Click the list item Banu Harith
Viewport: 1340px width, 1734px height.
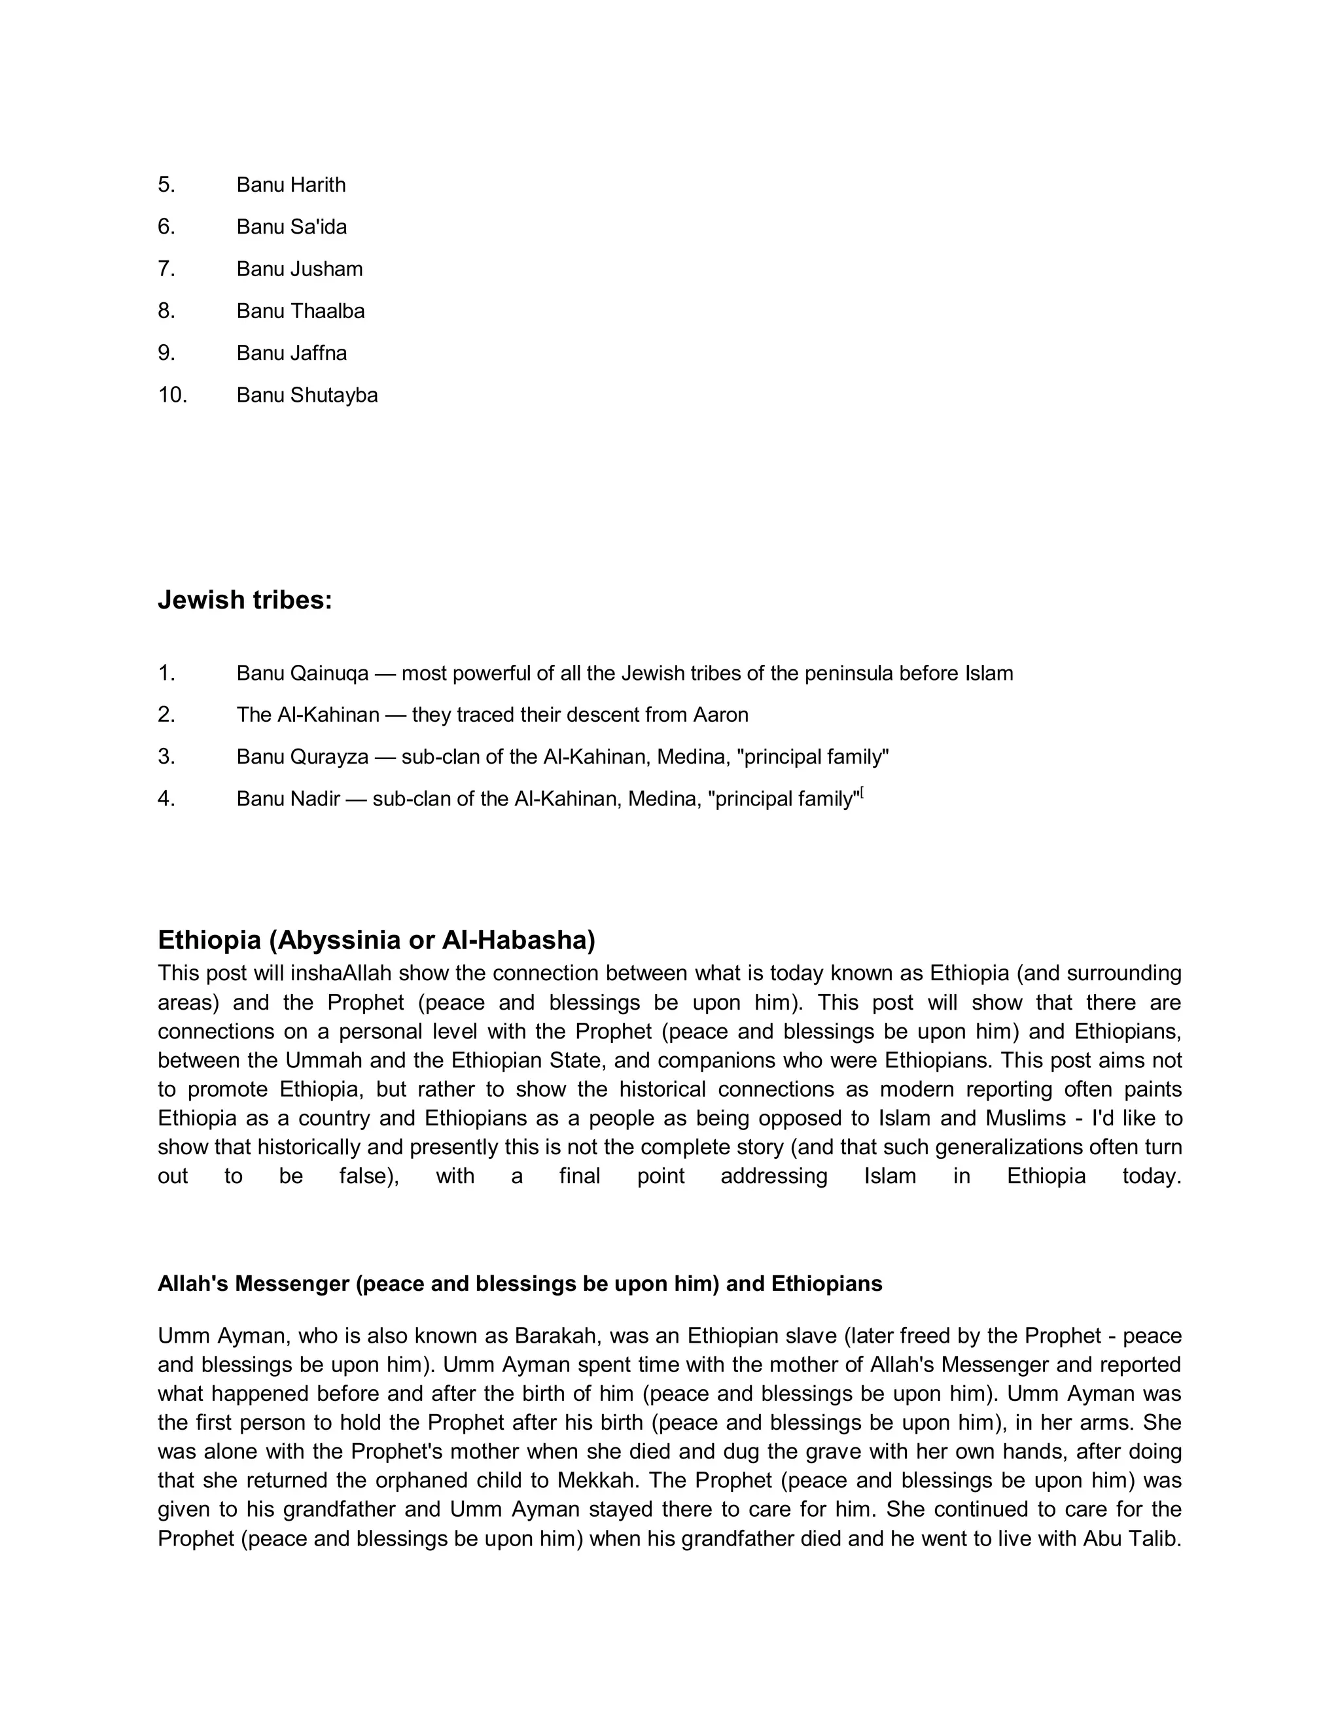coord(291,185)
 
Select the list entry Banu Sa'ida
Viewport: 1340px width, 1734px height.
coord(291,227)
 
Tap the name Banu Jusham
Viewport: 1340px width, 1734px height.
coord(299,269)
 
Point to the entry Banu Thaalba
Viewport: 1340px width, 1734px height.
coord(300,311)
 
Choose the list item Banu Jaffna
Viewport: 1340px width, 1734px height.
coord(291,353)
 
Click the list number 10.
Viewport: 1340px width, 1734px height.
coord(172,395)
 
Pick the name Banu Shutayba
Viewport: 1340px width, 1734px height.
coord(306,395)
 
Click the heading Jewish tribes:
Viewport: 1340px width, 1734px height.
coord(245,600)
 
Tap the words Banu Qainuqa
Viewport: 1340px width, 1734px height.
coord(302,674)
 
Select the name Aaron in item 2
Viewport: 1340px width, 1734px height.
coord(721,715)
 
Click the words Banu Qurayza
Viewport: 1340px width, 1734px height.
coord(302,758)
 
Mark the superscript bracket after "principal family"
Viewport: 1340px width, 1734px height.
coord(861,793)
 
